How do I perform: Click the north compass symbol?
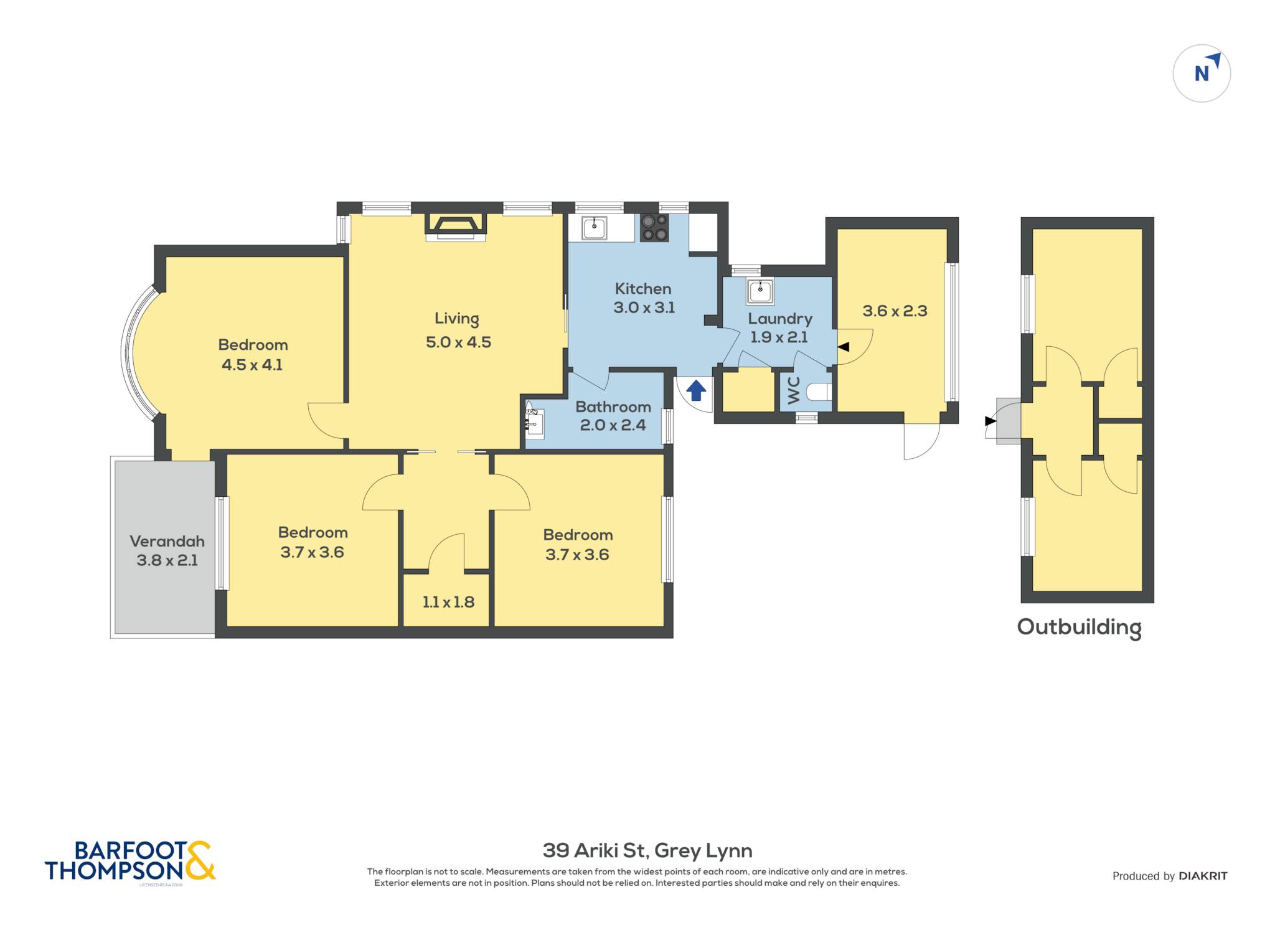tap(1202, 73)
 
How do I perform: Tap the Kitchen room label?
tap(643, 289)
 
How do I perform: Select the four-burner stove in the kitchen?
tap(654, 228)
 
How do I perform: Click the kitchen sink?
tap(594, 228)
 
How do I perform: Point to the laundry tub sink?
tap(760, 291)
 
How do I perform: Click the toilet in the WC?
tap(819, 392)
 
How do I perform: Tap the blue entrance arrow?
tap(696, 391)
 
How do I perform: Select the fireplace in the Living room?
tap(455, 227)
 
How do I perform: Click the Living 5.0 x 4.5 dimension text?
tap(458, 342)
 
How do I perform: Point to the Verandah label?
tap(167, 542)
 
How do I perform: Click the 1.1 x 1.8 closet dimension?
tap(448, 603)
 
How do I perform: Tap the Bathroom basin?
tap(534, 423)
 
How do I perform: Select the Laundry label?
tap(780, 319)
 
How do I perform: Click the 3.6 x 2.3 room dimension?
tap(895, 311)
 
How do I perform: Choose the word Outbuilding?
tap(1079, 627)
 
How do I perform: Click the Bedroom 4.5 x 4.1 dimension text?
tap(252, 365)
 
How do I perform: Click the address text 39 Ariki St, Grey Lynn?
tap(647, 850)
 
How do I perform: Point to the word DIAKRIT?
tap(1203, 876)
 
